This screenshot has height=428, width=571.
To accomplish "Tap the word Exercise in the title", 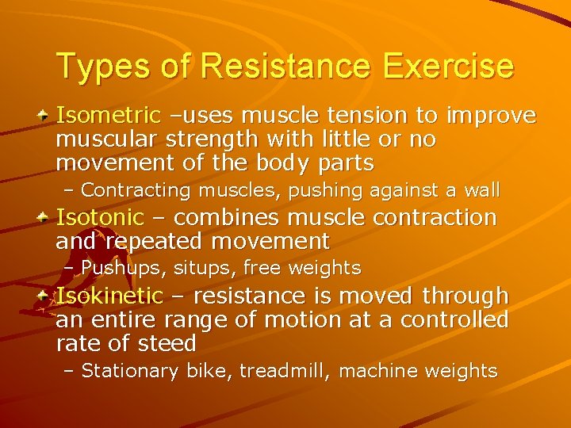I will pyautogui.click(x=448, y=66).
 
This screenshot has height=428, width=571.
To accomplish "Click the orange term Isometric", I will pyautogui.click(x=106, y=117).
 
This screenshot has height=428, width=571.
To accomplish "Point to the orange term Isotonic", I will pyautogui.click(x=100, y=217).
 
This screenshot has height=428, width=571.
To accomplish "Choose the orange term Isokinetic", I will pyautogui.click(x=109, y=296).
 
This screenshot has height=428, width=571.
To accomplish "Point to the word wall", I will pyautogui.click(x=485, y=190).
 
